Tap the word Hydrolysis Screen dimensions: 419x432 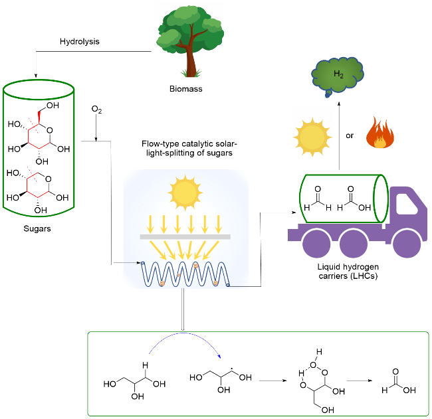click(x=79, y=41)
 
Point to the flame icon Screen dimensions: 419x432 click(x=381, y=133)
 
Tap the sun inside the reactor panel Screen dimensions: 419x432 click(x=185, y=192)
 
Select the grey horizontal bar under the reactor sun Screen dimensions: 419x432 click(x=185, y=236)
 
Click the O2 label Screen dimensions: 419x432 click(x=96, y=108)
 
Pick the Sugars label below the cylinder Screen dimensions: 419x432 click(x=37, y=228)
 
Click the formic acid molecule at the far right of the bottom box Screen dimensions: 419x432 click(x=397, y=382)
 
